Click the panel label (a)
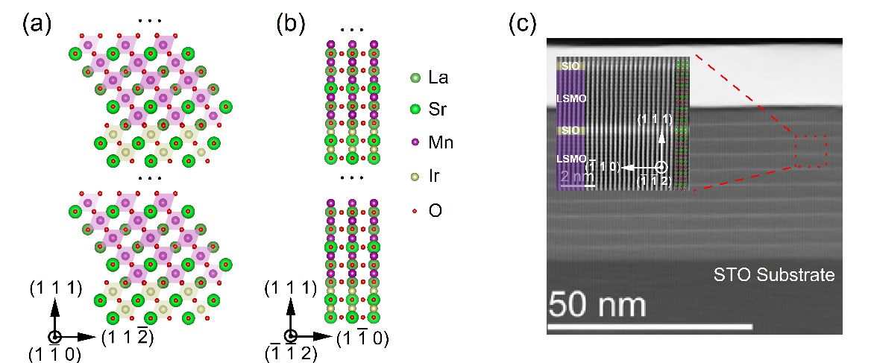(x=37, y=25)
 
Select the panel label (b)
(x=290, y=25)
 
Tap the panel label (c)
(x=523, y=25)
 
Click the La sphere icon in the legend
(x=415, y=78)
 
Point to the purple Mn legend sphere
(x=415, y=142)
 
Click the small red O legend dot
(x=415, y=210)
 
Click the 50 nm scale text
(x=597, y=304)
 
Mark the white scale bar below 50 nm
(x=650, y=326)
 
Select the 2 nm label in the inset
(x=575, y=176)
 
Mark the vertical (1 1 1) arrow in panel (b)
(x=292, y=315)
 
